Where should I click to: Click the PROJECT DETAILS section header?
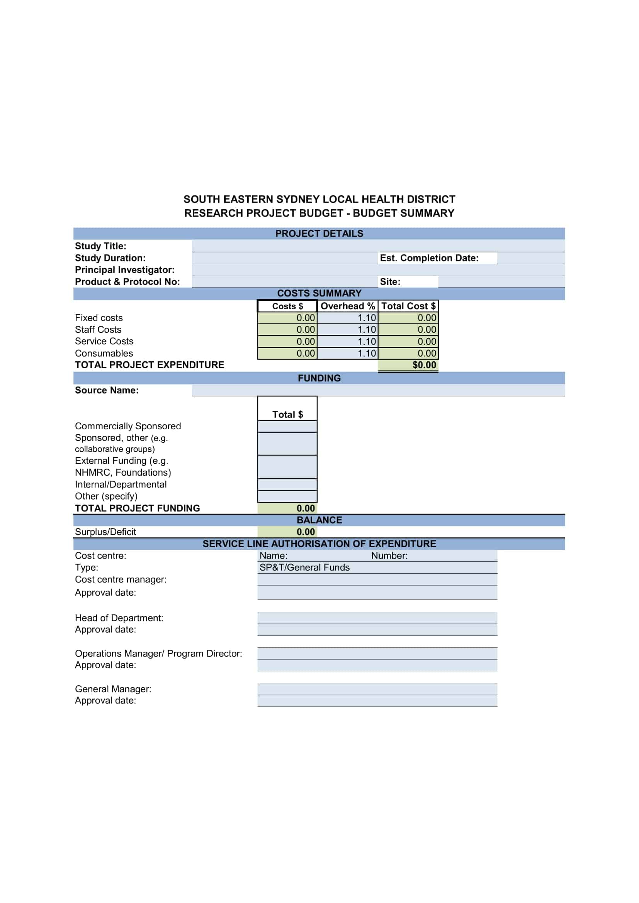tap(319, 234)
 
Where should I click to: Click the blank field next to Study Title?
tap(378, 246)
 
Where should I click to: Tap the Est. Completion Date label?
tap(429, 258)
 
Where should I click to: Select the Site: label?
tap(389, 281)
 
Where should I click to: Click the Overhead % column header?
tap(347, 306)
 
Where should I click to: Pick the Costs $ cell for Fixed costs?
tap(287, 318)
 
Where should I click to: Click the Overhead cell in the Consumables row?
tap(347, 353)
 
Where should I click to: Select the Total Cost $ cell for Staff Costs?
tap(408, 330)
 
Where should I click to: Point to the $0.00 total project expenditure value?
tap(424, 365)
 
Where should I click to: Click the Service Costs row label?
tap(104, 341)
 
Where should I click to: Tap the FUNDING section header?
tap(319, 378)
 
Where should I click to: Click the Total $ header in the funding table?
tap(287, 414)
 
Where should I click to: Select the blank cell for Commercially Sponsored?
tap(287, 426)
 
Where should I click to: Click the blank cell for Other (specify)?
tap(287, 496)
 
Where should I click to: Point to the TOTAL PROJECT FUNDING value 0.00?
tap(305, 508)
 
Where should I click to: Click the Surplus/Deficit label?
tap(105, 532)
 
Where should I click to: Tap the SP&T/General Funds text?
tap(304, 568)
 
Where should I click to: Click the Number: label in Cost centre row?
tap(389, 556)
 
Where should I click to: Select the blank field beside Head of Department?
tap(377, 618)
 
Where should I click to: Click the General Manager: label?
tap(113, 689)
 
